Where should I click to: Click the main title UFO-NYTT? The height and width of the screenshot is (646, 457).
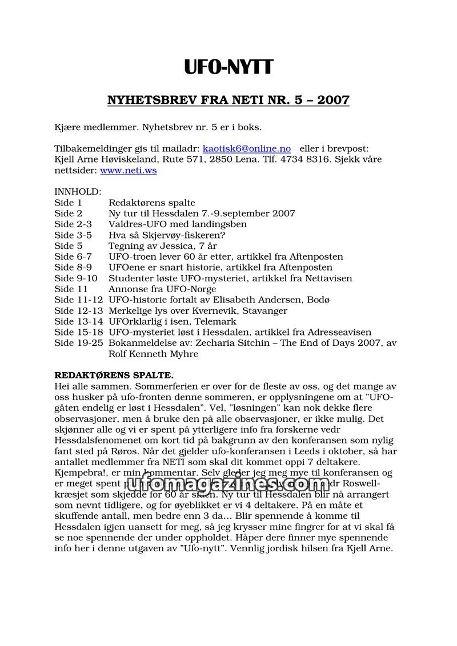pyautogui.click(x=228, y=67)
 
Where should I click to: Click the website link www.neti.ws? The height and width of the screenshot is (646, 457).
pyautogui.click(x=129, y=170)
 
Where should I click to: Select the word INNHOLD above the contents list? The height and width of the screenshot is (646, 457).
pyautogui.click(x=78, y=192)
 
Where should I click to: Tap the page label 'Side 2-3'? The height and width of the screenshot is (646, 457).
pyautogui.click(x=73, y=224)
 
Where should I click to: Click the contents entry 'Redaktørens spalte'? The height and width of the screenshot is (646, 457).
pyautogui.click(x=151, y=203)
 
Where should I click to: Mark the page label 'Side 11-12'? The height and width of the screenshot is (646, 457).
pyautogui.click(x=78, y=300)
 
